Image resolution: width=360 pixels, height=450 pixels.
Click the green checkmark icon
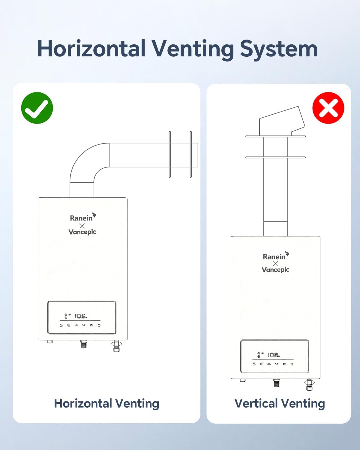37,108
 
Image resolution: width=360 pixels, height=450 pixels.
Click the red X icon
328,108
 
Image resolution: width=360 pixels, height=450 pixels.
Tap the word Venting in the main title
192,49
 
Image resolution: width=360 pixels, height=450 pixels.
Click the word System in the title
279,49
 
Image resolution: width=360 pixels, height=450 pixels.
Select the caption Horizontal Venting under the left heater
106,403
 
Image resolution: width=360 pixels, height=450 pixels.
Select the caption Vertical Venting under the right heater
279,403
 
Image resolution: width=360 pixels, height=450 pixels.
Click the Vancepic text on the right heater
275,270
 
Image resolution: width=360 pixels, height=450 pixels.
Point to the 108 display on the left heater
80,316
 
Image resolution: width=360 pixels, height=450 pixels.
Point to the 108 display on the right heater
273,355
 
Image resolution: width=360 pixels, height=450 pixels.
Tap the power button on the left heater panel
99,325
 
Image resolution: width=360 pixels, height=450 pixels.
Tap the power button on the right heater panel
292,364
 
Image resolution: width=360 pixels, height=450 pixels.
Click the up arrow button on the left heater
76,325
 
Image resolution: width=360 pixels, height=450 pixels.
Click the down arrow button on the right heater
277,364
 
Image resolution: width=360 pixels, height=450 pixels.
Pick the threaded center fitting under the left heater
84,344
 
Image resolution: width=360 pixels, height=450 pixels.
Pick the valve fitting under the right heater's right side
309,385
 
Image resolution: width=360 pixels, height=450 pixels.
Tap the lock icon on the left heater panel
61,325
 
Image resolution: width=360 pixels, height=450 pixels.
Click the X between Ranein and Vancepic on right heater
275,263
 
